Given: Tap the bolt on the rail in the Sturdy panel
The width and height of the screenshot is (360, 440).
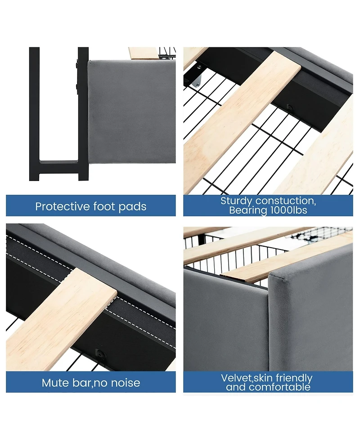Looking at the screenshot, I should pyautogui.click(x=289, y=108).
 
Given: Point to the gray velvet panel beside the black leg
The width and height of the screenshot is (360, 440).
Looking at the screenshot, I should pyautogui.click(x=130, y=117).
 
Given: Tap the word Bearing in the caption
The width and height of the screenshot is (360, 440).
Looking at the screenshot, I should pyautogui.click(x=246, y=210).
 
